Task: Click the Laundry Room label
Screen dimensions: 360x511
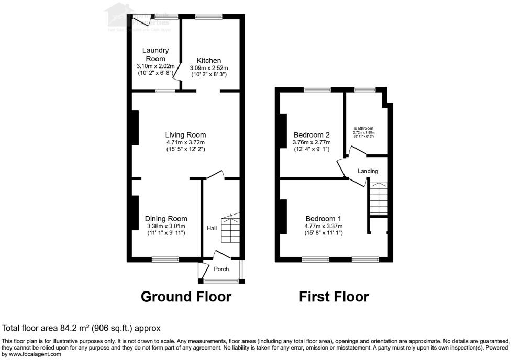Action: [x=155, y=54]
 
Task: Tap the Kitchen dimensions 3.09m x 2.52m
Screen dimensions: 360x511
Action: [x=208, y=68]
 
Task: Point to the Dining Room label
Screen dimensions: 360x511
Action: [x=166, y=219]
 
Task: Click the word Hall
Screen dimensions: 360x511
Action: [x=212, y=228]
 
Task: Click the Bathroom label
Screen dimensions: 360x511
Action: [x=363, y=128]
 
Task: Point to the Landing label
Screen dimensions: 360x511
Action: [x=368, y=171]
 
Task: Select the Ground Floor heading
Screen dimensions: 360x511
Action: [x=186, y=297]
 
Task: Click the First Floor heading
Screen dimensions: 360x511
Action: [x=334, y=297]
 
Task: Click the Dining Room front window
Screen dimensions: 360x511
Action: [x=165, y=259]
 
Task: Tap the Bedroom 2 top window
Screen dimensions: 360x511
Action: [x=317, y=90]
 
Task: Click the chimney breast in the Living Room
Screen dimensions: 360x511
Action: [x=135, y=128]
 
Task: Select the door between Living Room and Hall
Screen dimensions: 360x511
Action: [x=215, y=176]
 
